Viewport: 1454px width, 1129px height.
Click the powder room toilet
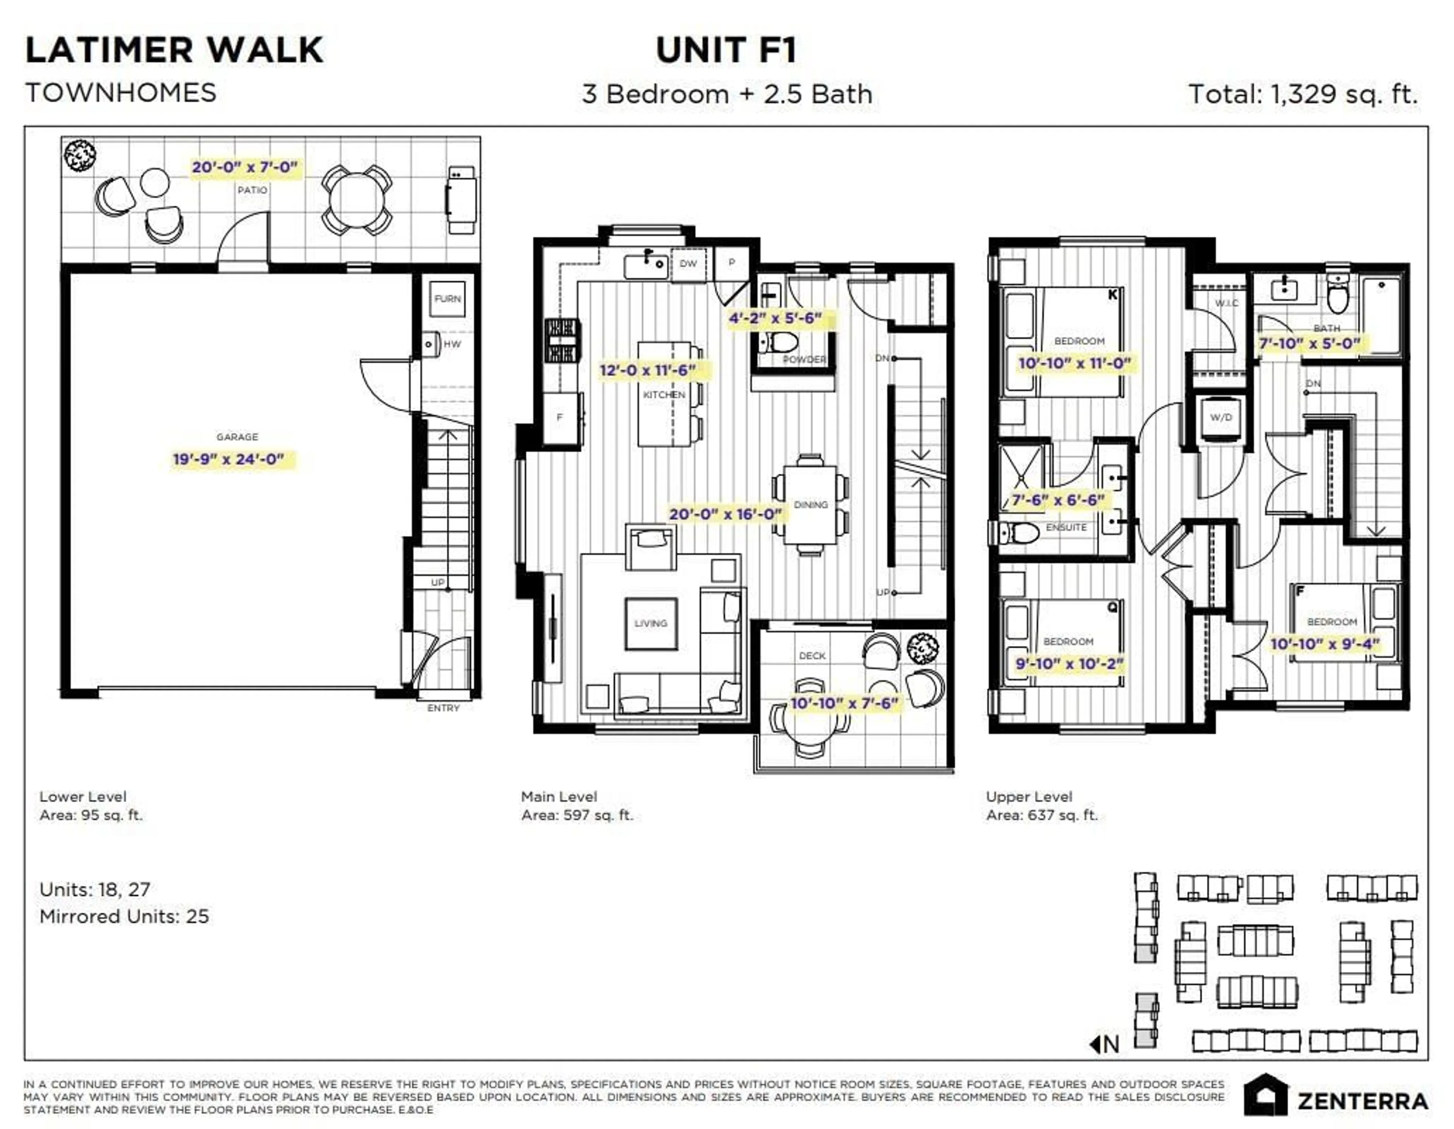click(x=779, y=343)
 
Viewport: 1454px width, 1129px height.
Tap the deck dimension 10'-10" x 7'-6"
click(x=844, y=704)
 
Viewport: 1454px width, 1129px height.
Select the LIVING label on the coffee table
click(x=651, y=624)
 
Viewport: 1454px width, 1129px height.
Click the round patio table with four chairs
click(x=357, y=200)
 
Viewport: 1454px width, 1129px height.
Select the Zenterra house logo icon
click(x=1265, y=1096)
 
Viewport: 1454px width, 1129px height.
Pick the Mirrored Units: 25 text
click(x=125, y=916)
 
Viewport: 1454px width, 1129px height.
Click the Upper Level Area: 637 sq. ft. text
click(x=1042, y=806)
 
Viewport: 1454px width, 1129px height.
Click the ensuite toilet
click(x=1020, y=533)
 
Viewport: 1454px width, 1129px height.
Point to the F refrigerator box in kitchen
click(x=560, y=418)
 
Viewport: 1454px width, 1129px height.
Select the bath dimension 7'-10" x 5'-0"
click(x=1309, y=344)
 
